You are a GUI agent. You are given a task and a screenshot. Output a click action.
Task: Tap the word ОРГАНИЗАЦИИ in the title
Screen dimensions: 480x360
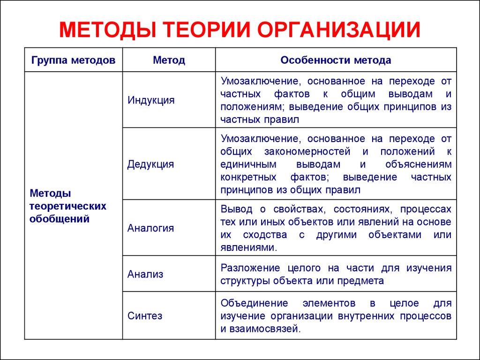(339, 30)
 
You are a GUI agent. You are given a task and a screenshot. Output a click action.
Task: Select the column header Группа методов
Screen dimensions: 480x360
(73, 60)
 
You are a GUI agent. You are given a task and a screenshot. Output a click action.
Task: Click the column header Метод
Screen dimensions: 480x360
(169, 60)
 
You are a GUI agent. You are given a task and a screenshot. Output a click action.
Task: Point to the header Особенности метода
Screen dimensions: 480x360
(336, 60)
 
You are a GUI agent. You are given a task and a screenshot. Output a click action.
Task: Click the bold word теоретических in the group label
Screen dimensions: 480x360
(67, 206)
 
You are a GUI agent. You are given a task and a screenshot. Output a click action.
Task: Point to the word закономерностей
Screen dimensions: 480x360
(307, 151)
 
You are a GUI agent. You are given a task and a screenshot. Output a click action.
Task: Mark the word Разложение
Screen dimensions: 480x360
(250, 268)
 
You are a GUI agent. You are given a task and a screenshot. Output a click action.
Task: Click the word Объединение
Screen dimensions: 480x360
(254, 303)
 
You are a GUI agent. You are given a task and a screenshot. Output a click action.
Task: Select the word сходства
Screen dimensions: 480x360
(265, 235)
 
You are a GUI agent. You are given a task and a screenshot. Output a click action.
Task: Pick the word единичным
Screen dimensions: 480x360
(248, 165)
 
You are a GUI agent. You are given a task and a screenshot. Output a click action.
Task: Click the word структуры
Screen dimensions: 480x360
(245, 281)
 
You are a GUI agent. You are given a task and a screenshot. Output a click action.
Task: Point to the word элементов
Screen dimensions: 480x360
(329, 303)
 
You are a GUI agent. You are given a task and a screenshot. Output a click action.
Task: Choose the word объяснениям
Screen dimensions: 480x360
(419, 165)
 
